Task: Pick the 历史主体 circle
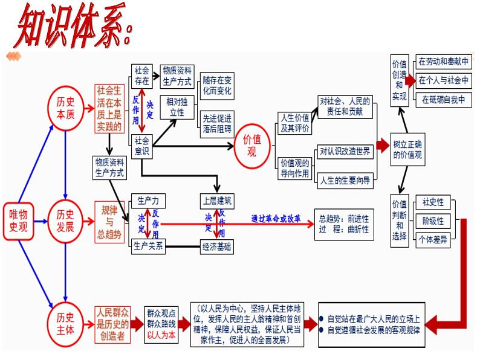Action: point(65,322)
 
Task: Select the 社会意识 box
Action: point(142,146)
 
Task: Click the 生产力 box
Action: point(148,201)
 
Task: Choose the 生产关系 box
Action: point(148,246)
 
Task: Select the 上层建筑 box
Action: point(218,201)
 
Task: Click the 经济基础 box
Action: point(218,246)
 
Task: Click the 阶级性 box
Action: point(433,220)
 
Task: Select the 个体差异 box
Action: point(433,240)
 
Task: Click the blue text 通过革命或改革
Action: point(276,218)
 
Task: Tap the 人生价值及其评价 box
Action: point(294,123)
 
